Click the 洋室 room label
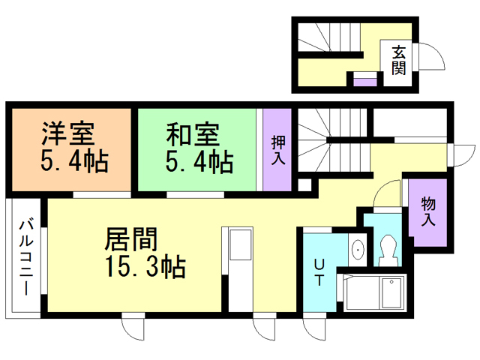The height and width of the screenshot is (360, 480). (x=67, y=136)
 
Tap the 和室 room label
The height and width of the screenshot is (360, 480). (x=192, y=136)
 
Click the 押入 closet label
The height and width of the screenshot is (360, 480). (x=277, y=150)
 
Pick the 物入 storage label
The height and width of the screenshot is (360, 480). (x=428, y=211)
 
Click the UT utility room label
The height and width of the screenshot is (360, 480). (x=319, y=272)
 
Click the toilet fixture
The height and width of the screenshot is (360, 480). (x=388, y=247)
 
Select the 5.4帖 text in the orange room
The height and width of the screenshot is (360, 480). (x=72, y=160)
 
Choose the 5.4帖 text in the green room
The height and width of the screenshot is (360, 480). (x=198, y=160)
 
